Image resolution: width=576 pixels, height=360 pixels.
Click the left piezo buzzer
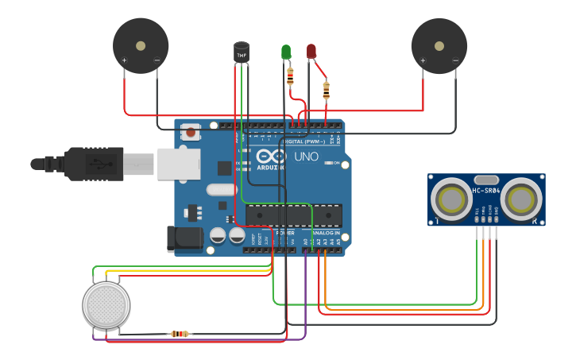tap(141, 46)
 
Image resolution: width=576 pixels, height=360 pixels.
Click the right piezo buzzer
tap(439, 46)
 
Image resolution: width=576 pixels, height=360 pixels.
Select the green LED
tap(286, 52)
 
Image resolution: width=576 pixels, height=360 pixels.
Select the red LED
tap(311, 52)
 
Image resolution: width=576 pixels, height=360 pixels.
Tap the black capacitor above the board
tap(242, 52)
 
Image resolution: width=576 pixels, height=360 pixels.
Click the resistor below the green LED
tap(290, 77)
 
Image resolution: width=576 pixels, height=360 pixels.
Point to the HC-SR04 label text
tap(487, 191)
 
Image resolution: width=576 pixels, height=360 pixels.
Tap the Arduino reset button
tap(191, 133)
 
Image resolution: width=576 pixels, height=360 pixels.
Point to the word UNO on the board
tap(307, 157)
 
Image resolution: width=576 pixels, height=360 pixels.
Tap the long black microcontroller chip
tap(294, 215)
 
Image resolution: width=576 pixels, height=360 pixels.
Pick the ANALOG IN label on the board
tap(326, 233)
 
